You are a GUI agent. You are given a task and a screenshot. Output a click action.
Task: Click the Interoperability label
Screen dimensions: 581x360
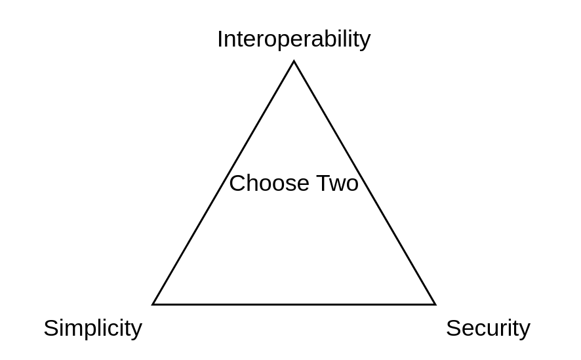click(x=294, y=39)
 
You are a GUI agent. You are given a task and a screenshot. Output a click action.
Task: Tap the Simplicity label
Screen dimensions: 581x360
click(x=92, y=328)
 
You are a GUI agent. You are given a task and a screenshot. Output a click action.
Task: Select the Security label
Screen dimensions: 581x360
click(x=488, y=328)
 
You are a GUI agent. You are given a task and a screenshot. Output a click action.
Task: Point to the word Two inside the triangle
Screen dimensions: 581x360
click(x=338, y=183)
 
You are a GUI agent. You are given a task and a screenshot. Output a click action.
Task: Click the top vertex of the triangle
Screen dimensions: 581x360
click(x=294, y=62)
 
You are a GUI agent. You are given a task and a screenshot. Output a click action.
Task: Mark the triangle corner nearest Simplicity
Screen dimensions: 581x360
click(x=153, y=304)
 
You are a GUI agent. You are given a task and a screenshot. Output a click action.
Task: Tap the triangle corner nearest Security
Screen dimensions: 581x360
click(x=435, y=304)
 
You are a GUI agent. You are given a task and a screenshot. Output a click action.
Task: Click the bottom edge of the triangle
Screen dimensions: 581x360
click(x=294, y=304)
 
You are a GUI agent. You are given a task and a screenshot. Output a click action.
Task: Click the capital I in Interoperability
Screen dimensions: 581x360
click(x=220, y=39)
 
